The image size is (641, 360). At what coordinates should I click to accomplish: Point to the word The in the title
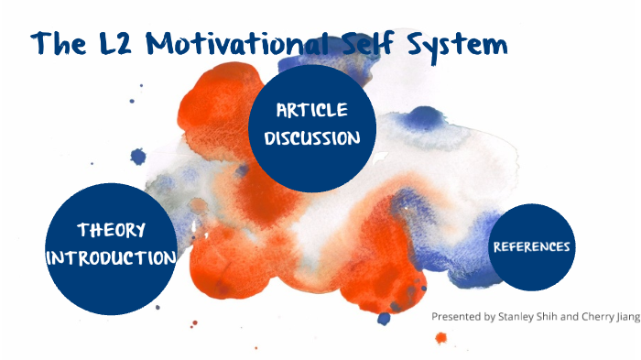[x=61, y=43]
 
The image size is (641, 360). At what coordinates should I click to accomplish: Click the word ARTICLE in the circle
[x=312, y=111]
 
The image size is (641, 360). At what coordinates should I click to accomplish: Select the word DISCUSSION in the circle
[x=312, y=139]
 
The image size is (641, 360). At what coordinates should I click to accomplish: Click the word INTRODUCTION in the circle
[x=111, y=257]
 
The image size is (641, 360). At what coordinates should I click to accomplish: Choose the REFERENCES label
[x=532, y=246]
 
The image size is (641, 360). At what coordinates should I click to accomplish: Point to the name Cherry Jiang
[x=605, y=317]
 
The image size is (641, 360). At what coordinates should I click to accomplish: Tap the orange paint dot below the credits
[x=440, y=337]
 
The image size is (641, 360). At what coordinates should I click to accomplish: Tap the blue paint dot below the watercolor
[x=384, y=319]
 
